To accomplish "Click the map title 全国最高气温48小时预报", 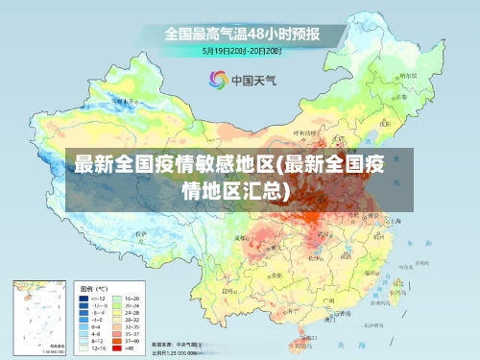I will click(241, 34).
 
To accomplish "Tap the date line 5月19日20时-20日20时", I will click(241, 50).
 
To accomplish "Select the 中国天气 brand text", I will click(253, 81).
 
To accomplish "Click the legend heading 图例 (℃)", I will click(93, 288).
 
